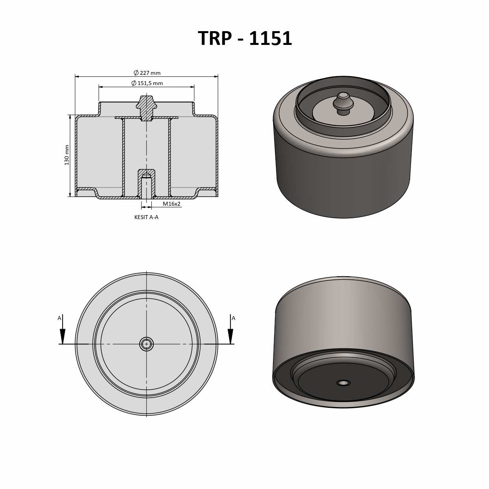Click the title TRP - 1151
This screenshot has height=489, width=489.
coord(245,39)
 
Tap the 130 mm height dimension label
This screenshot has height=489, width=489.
coord(67,155)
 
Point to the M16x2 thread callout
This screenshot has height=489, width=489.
coord(171,204)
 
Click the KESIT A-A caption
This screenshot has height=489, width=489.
coord(146,217)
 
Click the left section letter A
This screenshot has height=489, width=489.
coord(59,318)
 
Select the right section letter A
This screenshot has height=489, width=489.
coord(233,318)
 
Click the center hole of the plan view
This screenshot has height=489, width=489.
coord(147,344)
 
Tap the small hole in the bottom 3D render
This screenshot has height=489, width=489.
coord(343,383)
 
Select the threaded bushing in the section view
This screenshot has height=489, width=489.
coord(146,183)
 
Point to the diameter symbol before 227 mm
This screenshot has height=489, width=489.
coord(136,73)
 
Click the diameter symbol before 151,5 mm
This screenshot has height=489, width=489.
coord(134,83)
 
